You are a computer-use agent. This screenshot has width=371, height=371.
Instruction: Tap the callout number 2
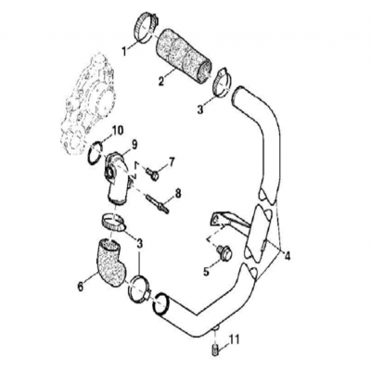[161, 81]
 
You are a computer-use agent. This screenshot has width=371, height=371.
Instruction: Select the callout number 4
[288, 255]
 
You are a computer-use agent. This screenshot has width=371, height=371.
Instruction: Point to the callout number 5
[207, 273]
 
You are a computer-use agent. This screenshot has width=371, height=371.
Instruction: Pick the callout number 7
[171, 161]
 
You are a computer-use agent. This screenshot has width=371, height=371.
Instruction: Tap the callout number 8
[178, 193]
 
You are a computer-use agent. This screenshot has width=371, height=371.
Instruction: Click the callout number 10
[117, 130]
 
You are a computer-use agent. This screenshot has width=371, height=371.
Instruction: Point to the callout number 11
[233, 339]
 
